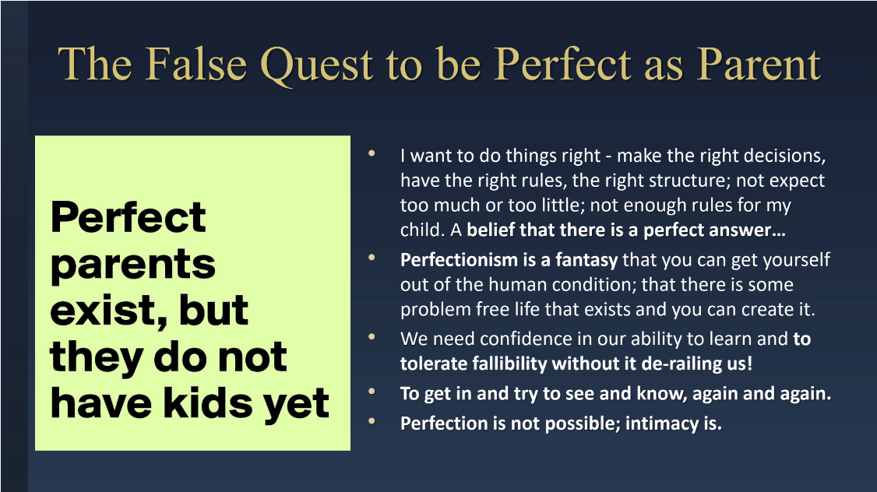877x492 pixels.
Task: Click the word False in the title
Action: pos(197,65)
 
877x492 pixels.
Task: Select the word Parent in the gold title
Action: pos(759,65)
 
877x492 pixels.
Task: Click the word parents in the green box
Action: pos(133,265)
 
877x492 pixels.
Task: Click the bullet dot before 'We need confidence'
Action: pos(372,337)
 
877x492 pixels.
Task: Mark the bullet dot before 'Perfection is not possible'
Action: pos(372,422)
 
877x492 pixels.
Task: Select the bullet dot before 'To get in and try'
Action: pos(372,392)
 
